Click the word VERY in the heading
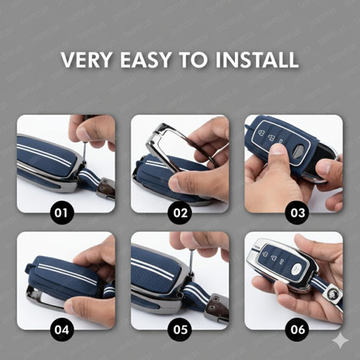tap(86, 59)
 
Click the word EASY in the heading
tap(145, 59)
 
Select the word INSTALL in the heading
tap(257, 59)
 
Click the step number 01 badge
tap(61, 213)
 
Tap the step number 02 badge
tap(180, 213)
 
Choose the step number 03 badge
tap(298, 213)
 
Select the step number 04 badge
tap(61, 330)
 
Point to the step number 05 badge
tap(180, 330)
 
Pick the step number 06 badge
tap(298, 330)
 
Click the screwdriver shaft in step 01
tap(85, 152)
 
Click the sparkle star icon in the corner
tap(340, 340)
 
